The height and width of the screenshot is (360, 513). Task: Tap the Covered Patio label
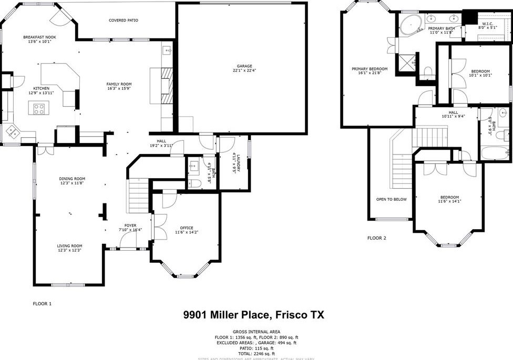click(x=124, y=20)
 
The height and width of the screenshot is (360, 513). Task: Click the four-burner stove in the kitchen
click(x=39, y=109)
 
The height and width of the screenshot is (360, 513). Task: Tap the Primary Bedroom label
click(x=370, y=69)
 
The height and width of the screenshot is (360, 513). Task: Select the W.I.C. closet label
click(x=487, y=24)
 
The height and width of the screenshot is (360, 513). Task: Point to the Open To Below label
click(x=392, y=199)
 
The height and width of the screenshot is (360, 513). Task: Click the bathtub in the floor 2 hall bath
click(x=494, y=153)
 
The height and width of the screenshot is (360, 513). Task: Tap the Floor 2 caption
click(x=376, y=238)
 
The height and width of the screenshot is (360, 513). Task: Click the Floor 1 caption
click(x=43, y=303)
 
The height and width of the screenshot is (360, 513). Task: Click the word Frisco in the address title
click(x=292, y=315)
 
